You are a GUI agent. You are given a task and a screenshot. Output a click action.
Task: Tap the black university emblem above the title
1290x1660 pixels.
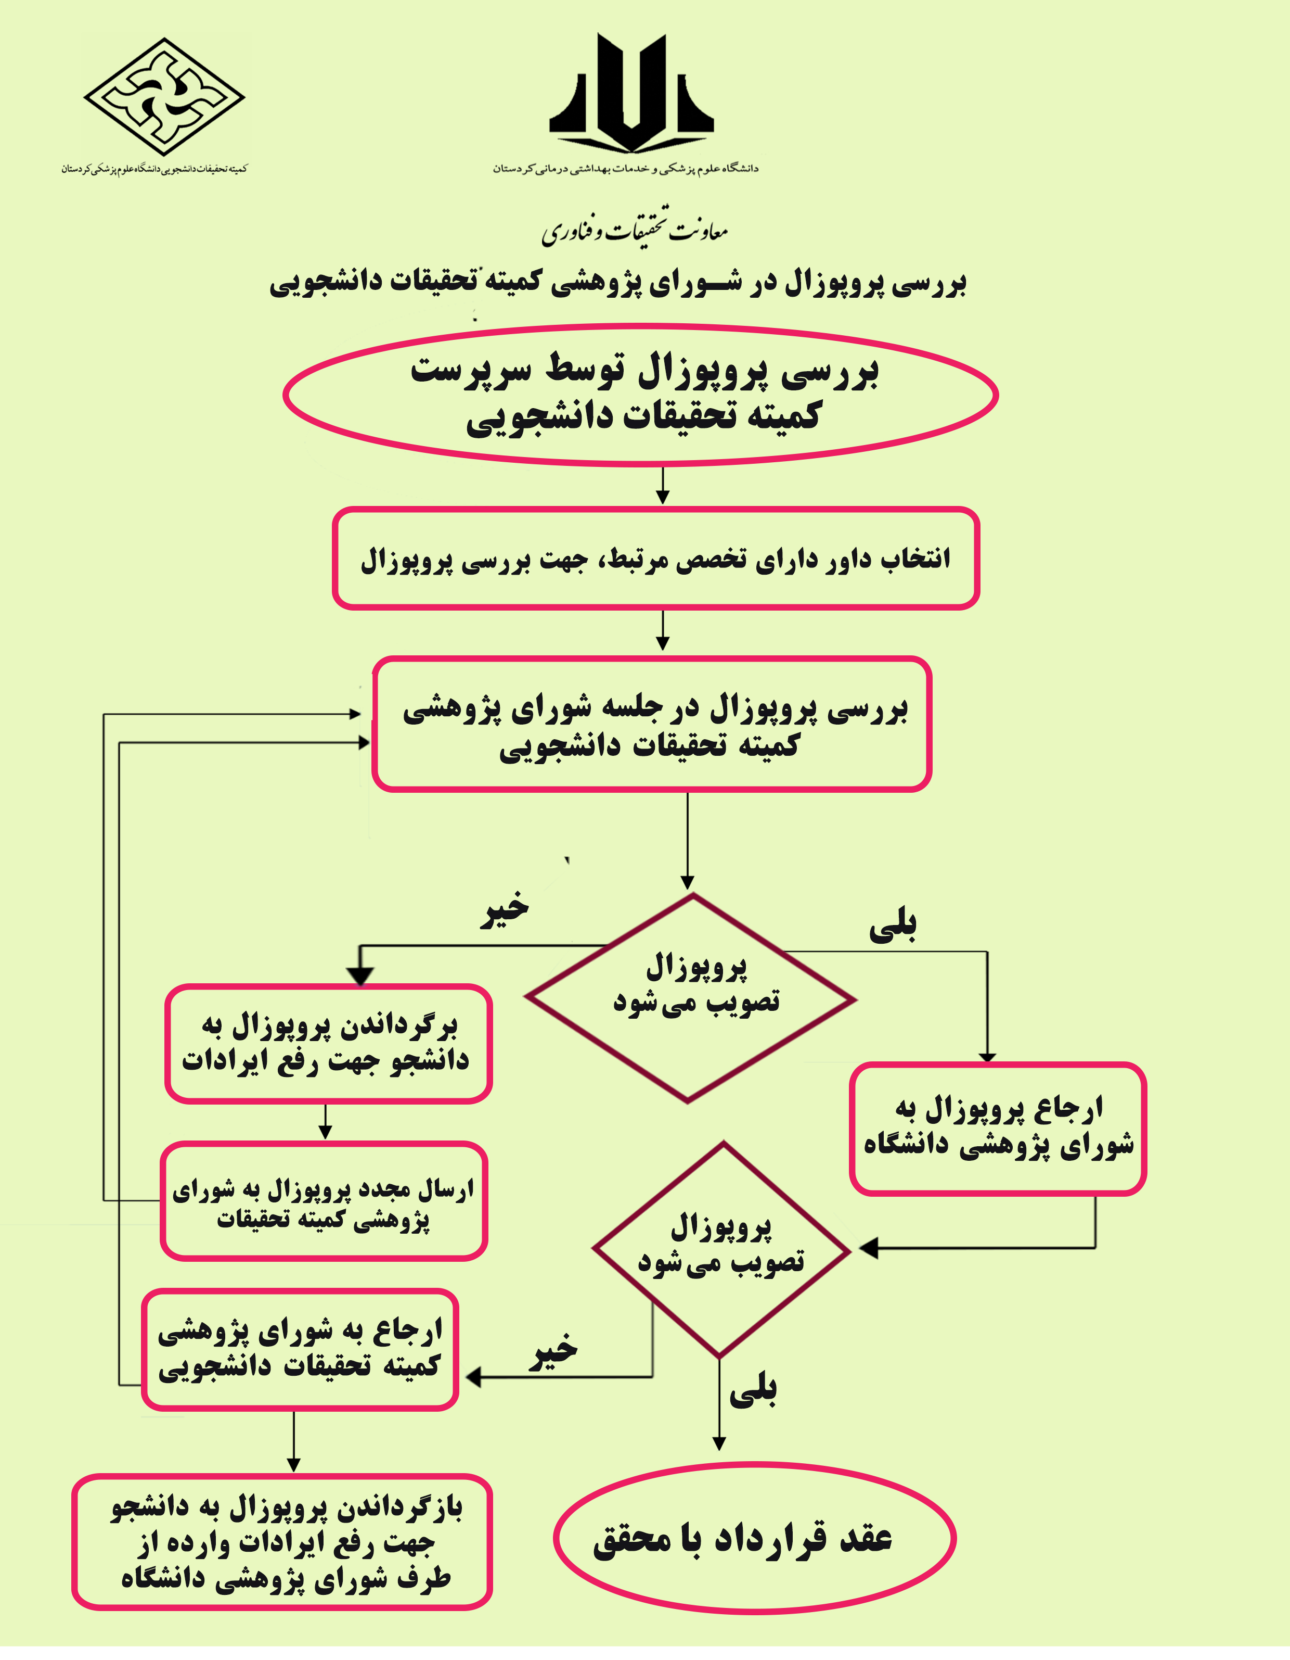pyautogui.click(x=632, y=95)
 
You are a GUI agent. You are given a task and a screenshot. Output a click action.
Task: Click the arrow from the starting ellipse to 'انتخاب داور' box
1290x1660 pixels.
pyautogui.click(x=663, y=486)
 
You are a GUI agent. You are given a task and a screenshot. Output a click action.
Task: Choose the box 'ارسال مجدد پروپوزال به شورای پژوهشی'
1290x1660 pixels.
pyautogui.click(x=324, y=1202)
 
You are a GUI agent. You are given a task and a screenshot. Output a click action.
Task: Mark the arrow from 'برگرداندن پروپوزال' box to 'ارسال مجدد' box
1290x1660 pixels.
pyautogui.click(x=325, y=1122)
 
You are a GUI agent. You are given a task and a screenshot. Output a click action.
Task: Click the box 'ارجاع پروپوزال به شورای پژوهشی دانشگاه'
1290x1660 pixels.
pyautogui.click(x=998, y=1128)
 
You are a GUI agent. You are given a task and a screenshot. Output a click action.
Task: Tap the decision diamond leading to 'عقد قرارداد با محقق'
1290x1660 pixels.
pyautogui.click(x=721, y=1249)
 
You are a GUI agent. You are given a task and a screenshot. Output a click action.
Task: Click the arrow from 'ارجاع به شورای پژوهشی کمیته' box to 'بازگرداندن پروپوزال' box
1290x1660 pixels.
pyautogui.click(x=293, y=1442)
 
